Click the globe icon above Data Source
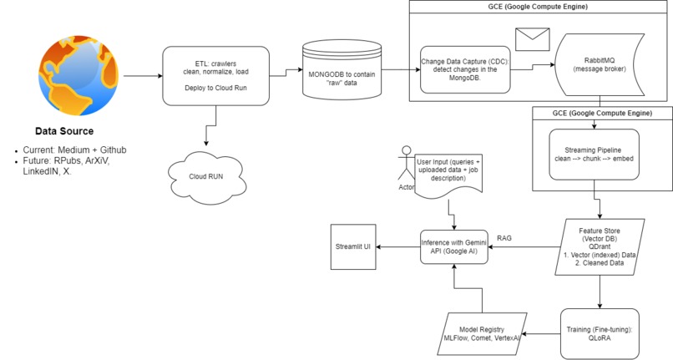pos(76,76)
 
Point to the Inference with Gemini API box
pos(453,248)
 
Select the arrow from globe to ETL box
pos(139,77)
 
